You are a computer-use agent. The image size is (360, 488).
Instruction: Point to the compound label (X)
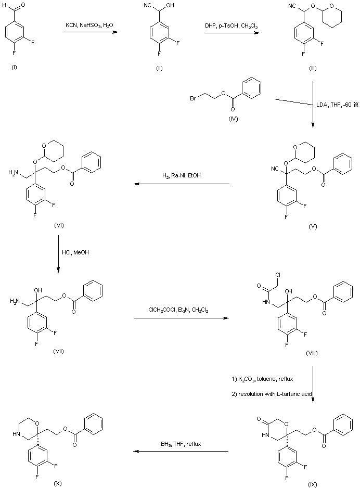click(57, 483)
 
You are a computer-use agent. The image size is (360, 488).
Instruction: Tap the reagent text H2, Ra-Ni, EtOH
click(182, 176)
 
